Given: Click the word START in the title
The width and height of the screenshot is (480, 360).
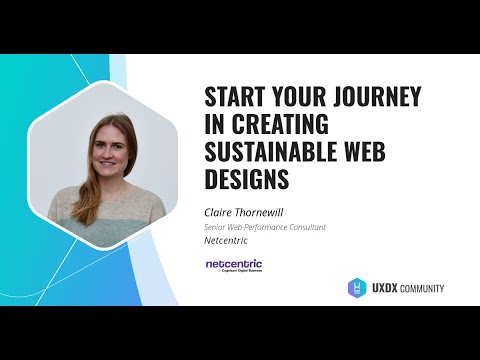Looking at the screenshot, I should click(235, 98).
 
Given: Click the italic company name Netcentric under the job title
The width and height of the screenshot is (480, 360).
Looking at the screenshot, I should click(225, 241).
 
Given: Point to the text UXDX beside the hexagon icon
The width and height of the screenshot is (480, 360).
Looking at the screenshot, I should click(385, 289).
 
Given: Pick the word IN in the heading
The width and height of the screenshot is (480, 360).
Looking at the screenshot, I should click(214, 126).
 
